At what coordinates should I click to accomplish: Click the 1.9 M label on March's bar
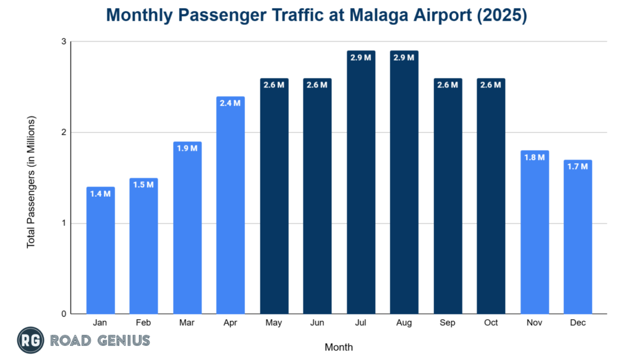[x=187, y=148]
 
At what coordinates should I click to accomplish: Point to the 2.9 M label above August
[x=404, y=58]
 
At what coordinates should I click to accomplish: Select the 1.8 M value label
[x=535, y=158]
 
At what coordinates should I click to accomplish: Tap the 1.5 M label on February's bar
[x=143, y=185]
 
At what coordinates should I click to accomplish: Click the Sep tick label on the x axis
[x=448, y=323]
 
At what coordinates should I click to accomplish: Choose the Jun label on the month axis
[x=318, y=323]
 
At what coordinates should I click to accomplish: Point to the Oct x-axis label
[x=491, y=323]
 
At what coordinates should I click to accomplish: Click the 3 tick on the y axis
[x=64, y=42]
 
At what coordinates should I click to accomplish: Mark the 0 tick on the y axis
[x=64, y=314]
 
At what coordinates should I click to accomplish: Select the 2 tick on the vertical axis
[x=64, y=132]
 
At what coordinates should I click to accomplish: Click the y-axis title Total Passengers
[x=31, y=182]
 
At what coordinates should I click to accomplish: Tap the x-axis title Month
[x=339, y=347]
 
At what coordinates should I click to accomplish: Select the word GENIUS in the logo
[x=121, y=340]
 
